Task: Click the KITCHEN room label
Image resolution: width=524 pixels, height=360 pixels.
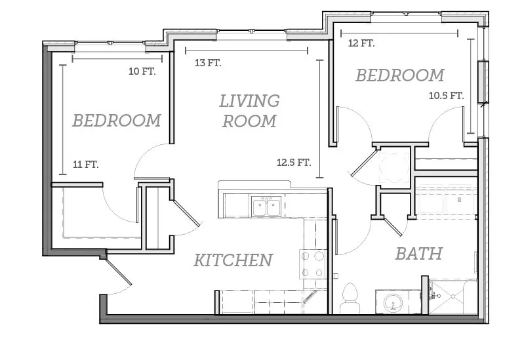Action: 233,260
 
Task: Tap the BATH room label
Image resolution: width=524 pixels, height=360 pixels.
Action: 419,254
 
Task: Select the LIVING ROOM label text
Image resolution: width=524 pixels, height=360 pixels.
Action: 249,111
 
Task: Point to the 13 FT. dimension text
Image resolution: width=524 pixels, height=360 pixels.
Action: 208,62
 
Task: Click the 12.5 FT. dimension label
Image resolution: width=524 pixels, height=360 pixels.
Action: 294,163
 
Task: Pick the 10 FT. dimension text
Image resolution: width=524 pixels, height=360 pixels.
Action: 142,71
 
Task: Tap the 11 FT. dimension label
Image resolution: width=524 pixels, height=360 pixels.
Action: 86,165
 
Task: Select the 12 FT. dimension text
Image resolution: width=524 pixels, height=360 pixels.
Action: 361,43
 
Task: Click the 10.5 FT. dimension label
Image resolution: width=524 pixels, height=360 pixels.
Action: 447,96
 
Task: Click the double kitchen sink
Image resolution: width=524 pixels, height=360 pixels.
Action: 266,207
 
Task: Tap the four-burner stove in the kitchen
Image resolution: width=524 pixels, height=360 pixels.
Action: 313,264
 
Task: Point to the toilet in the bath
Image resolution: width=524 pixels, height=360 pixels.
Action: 350,298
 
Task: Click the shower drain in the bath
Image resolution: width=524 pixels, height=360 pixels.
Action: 453,296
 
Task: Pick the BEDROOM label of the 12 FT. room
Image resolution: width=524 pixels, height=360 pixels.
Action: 400,75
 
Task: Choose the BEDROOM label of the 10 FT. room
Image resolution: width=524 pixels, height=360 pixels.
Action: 117,121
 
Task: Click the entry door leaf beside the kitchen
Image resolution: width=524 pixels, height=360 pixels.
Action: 119,271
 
